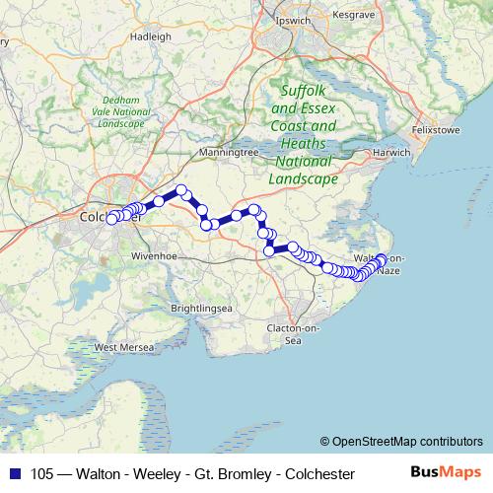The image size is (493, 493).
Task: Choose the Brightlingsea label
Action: pyautogui.click(x=201, y=309)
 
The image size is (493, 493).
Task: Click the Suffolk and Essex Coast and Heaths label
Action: pyautogui.click(x=305, y=134)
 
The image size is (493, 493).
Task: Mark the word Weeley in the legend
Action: pyautogui.click(x=153, y=474)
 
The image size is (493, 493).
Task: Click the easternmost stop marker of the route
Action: pyautogui.click(x=382, y=259)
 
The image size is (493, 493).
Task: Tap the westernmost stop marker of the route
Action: pyautogui.click(x=111, y=218)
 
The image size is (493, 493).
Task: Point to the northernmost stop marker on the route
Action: pyautogui.click(x=181, y=190)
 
